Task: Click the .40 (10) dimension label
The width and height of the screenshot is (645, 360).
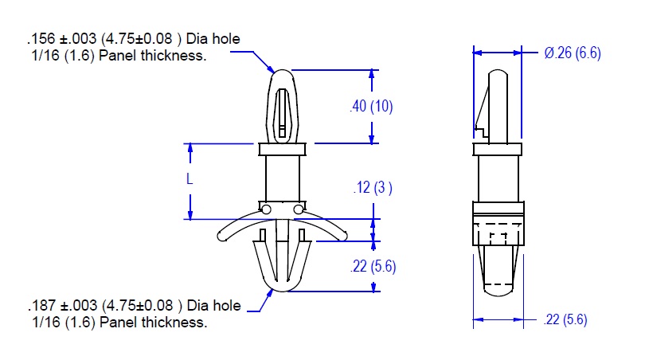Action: pos(371,106)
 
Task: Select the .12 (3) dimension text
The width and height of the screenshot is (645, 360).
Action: pos(373,188)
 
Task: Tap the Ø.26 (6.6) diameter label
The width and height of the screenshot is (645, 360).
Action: pos(573,53)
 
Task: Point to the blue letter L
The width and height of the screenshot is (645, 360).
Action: pos(190,179)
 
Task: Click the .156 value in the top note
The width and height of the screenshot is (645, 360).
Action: pos(41,39)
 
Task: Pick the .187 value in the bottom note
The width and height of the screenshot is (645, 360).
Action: pos(42,306)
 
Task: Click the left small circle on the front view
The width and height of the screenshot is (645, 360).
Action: pos(266,209)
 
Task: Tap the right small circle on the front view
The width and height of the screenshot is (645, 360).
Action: pos(299,209)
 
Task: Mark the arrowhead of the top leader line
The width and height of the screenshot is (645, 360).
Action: pos(271,70)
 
